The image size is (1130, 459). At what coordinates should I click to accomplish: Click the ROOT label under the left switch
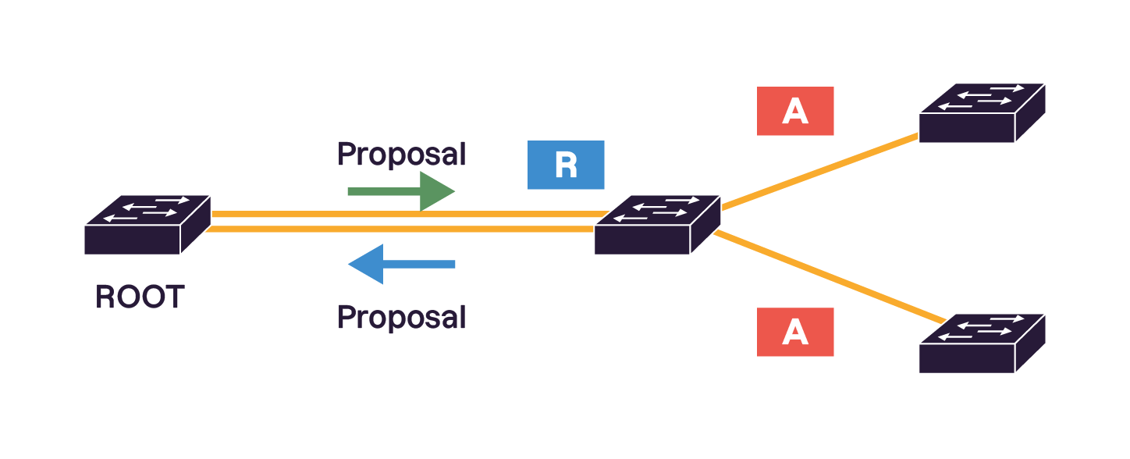tap(140, 297)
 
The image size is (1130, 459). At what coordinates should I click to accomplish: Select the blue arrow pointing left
tap(401, 264)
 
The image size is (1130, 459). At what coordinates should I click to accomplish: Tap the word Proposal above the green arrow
tap(401, 154)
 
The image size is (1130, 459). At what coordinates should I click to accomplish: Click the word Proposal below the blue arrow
tap(401, 318)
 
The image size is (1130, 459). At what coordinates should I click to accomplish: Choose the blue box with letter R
tap(566, 165)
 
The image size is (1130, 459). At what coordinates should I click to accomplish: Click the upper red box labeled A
tap(795, 111)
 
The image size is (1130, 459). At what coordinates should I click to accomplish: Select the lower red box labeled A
tap(795, 332)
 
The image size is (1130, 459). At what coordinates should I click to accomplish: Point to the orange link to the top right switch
tap(819, 172)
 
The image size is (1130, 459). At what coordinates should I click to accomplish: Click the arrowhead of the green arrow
tap(436, 191)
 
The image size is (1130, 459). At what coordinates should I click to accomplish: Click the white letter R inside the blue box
tap(566, 165)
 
